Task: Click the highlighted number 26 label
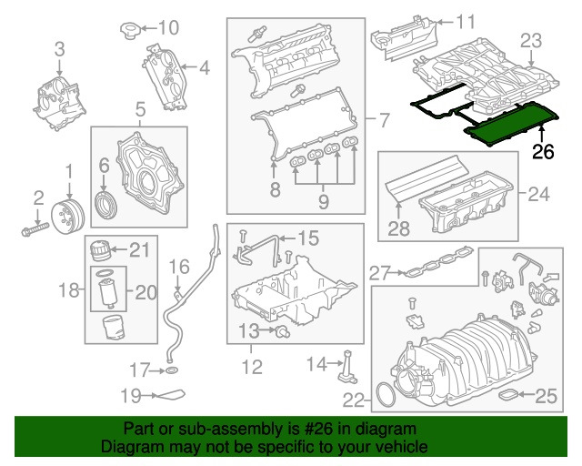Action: (x=543, y=152)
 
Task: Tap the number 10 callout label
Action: (x=170, y=26)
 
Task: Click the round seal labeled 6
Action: (x=106, y=201)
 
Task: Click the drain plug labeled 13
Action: (x=282, y=329)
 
